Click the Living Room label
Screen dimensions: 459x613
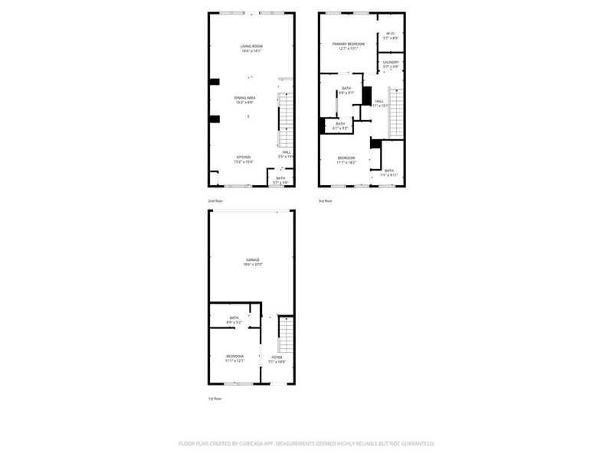click(x=251, y=47)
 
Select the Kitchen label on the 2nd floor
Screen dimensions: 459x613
click(x=243, y=158)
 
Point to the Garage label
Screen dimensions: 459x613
click(x=252, y=260)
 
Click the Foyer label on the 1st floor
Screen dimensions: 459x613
click(x=277, y=357)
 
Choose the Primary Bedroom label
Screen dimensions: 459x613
click(x=348, y=44)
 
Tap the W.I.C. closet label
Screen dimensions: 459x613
click(x=391, y=33)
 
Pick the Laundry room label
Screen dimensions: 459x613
click(x=391, y=62)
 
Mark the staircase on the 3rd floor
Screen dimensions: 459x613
click(x=396, y=113)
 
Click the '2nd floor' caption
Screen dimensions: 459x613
click(x=216, y=201)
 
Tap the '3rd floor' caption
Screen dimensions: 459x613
click(x=326, y=201)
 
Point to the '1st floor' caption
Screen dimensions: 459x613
click(x=215, y=399)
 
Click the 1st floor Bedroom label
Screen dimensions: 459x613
click(x=234, y=356)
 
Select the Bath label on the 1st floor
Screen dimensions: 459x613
click(x=234, y=318)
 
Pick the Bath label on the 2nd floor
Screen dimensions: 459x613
click(x=280, y=178)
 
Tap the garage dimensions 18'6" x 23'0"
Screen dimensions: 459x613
click(x=252, y=265)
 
